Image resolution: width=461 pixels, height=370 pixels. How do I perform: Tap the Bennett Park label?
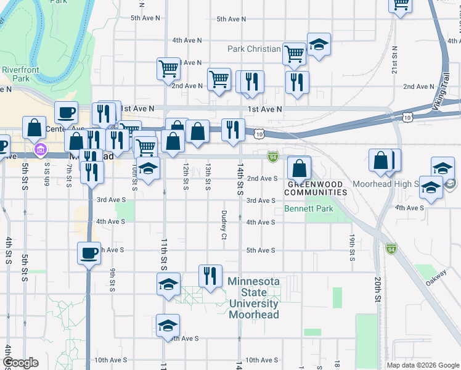click(x=309, y=209)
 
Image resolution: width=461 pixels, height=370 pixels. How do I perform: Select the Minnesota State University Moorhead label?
click(x=254, y=298)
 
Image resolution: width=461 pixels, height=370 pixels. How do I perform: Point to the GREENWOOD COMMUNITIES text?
click(x=316, y=188)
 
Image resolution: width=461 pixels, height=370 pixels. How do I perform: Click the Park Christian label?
click(x=254, y=49)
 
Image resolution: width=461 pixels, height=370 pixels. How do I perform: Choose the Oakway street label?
click(x=436, y=276)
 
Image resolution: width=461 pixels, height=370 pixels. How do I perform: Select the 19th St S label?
click(x=351, y=247)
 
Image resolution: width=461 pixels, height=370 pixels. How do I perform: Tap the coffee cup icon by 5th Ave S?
click(x=88, y=253)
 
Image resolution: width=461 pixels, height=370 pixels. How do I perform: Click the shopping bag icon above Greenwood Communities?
click(x=299, y=168)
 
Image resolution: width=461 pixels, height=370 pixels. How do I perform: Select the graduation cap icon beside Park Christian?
click(x=319, y=44)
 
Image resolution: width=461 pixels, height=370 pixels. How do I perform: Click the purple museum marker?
click(x=41, y=149)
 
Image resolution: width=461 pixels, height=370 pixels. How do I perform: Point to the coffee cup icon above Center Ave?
click(x=66, y=113)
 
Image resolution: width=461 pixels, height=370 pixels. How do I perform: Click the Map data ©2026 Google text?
click(x=423, y=365)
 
